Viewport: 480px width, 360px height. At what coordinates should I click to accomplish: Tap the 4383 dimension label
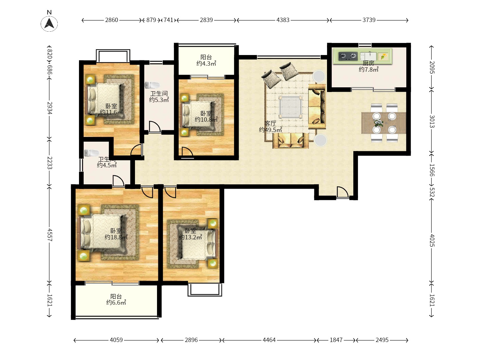coord(283,20)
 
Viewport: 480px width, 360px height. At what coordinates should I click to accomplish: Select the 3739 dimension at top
coord(369,20)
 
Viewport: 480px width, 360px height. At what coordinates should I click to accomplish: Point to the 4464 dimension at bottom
coord(269,340)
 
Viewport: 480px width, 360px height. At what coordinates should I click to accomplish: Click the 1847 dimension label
coord(336,340)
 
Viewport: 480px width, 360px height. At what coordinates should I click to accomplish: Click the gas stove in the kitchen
coord(348,56)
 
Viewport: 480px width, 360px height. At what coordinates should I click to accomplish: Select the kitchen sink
coord(368,56)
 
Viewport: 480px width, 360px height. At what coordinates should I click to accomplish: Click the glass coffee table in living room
coord(290,107)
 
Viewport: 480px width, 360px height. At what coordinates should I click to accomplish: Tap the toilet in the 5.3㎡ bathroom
coord(152,85)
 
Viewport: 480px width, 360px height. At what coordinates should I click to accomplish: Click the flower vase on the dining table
coord(379,123)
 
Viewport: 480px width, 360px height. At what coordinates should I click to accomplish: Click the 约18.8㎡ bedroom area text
coord(116,237)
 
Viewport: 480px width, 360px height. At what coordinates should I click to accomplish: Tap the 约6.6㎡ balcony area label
coord(116,303)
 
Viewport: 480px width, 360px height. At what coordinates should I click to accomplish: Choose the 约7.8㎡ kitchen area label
coord(368,70)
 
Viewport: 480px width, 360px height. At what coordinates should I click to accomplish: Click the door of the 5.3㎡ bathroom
coord(155,127)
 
